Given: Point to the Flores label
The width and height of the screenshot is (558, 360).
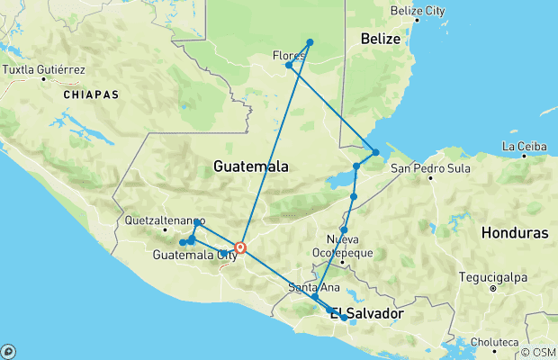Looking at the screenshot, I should tap(289, 55).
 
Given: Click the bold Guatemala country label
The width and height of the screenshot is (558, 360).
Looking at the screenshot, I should tap(251, 167).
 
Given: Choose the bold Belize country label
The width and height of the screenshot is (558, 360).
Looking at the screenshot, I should tap(380, 39).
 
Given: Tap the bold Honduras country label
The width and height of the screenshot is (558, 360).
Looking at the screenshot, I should tap(514, 232).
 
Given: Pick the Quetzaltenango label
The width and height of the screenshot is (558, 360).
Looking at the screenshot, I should tap(165, 220).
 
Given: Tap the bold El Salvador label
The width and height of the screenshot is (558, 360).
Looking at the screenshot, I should tap(363, 314).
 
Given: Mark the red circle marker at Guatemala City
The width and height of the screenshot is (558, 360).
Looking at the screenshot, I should tap(240, 247).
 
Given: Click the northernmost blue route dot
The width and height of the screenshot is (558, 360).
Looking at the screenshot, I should tap(310, 42).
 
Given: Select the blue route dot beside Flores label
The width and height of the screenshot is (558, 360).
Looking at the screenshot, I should tap(289, 65).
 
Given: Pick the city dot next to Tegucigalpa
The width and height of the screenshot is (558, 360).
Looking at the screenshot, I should tap(493, 289).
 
